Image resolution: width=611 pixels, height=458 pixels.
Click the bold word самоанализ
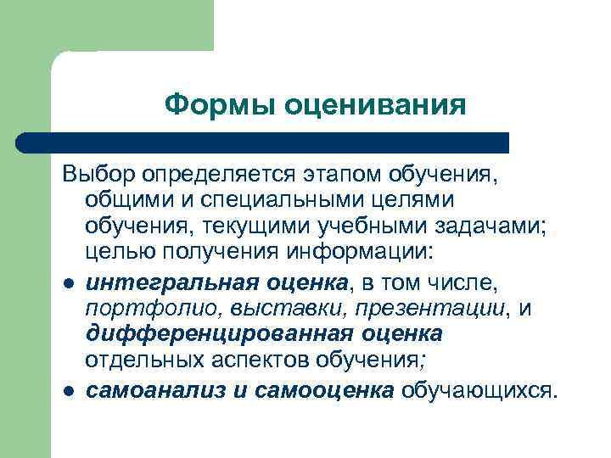tap(150, 389)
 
